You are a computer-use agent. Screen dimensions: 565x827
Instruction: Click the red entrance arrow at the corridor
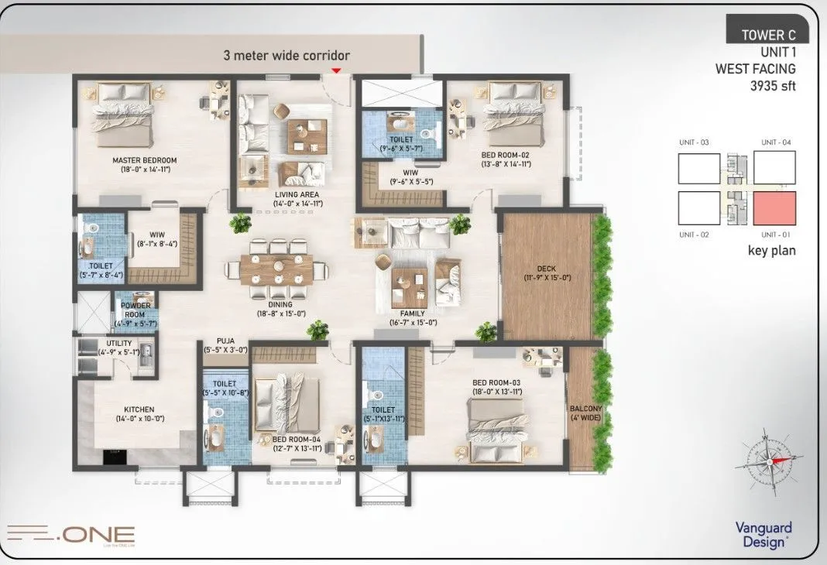click(x=335, y=70)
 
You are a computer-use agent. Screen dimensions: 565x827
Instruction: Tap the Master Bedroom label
click(x=144, y=161)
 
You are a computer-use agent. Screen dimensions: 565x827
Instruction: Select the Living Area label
click(x=297, y=194)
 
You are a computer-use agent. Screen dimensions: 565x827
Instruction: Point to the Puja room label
click(x=225, y=341)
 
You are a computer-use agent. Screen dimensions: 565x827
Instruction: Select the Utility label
click(x=119, y=343)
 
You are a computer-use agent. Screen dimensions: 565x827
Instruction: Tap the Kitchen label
click(x=139, y=409)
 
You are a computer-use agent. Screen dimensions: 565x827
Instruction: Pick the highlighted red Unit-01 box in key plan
click(x=774, y=207)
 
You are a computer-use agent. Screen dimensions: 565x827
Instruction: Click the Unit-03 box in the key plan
click(x=698, y=168)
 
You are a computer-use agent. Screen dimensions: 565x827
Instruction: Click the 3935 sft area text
click(x=772, y=86)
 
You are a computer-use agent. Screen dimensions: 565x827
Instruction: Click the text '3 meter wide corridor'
click(x=287, y=56)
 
